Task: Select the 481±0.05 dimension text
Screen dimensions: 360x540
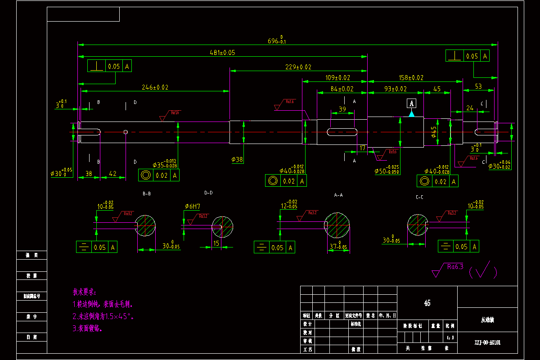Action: point(222,53)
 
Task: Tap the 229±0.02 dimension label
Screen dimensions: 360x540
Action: point(298,67)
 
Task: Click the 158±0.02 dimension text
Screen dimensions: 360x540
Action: point(411,78)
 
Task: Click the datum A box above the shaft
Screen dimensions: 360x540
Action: point(411,103)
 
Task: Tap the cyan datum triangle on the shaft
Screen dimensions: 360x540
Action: point(411,114)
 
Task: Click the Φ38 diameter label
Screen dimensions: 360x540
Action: point(237,159)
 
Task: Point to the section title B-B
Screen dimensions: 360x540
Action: point(147,194)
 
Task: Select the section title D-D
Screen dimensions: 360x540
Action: point(208,193)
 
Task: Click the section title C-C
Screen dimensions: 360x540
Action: point(419,197)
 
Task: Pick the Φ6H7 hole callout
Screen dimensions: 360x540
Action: point(192,206)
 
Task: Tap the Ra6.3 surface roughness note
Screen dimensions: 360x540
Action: point(455,266)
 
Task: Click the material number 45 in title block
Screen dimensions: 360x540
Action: point(427,303)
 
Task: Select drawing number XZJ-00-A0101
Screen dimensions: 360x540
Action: point(487,342)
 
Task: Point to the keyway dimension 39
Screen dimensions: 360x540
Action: point(342,109)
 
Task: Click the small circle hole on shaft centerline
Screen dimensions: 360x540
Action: point(126,132)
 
